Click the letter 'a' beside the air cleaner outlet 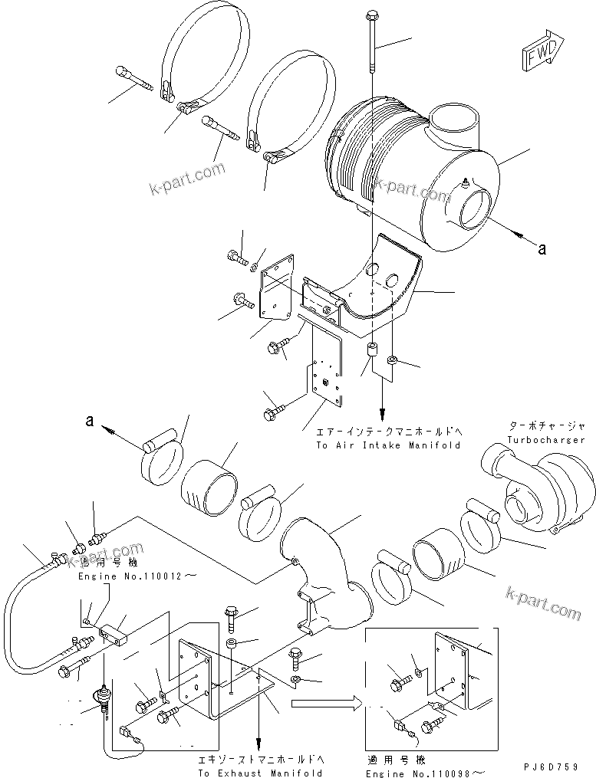coord(542,248)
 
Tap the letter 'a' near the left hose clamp coord(89,420)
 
